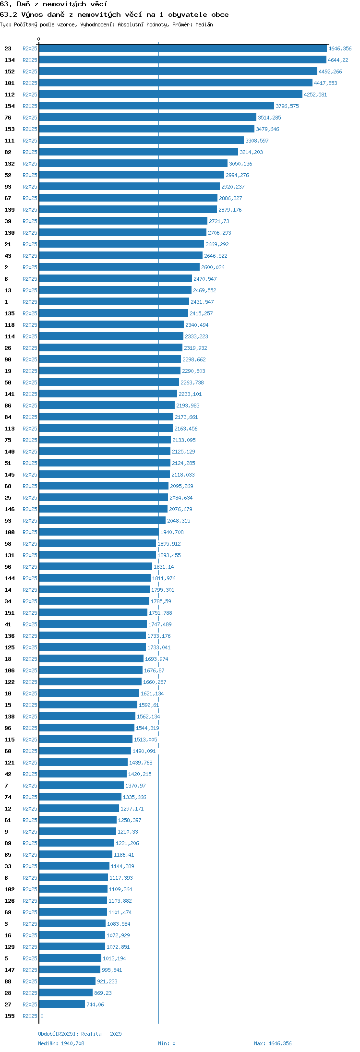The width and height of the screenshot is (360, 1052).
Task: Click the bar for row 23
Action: click(x=183, y=48)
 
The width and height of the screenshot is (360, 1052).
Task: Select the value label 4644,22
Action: click(x=338, y=60)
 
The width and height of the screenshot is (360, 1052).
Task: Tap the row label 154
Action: click(x=10, y=106)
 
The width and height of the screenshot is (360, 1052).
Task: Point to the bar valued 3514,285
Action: click(x=148, y=118)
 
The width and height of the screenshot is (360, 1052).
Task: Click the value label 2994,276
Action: click(x=237, y=175)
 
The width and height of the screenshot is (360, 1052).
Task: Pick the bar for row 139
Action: click(x=128, y=210)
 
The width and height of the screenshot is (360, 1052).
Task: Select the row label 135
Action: click(x=10, y=313)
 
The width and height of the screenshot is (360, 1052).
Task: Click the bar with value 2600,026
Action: click(x=120, y=267)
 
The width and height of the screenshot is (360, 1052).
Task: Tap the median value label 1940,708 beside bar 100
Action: click(x=172, y=532)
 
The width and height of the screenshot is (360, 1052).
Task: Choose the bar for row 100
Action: click(x=99, y=532)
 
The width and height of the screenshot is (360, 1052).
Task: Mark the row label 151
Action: click(x=10, y=613)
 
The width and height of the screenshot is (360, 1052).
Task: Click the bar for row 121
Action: click(x=84, y=763)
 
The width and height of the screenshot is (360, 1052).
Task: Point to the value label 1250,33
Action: click(x=128, y=832)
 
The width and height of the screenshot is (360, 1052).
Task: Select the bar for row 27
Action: click(x=62, y=1004)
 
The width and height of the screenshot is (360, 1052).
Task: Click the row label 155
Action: click(x=10, y=1016)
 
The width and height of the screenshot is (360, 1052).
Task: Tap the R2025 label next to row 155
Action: click(x=30, y=1016)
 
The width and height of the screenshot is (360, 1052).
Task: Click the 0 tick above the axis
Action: click(x=39, y=39)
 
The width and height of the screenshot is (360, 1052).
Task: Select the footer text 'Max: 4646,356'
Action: click(x=273, y=1043)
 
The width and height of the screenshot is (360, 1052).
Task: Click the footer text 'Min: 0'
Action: click(x=167, y=1043)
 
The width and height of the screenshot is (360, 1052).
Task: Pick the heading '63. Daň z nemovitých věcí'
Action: click(x=54, y=4)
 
